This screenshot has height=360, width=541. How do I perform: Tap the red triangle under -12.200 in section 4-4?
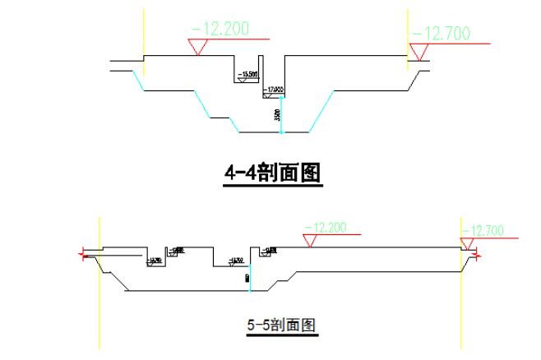(x=198, y=48)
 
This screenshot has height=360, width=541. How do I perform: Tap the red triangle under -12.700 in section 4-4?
(x=419, y=54)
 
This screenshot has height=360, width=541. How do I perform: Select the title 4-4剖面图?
(x=271, y=173)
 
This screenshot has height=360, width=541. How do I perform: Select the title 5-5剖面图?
(x=282, y=325)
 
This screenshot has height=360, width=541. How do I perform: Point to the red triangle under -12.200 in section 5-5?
(x=311, y=241)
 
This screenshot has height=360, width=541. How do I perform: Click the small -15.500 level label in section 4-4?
(x=247, y=76)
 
